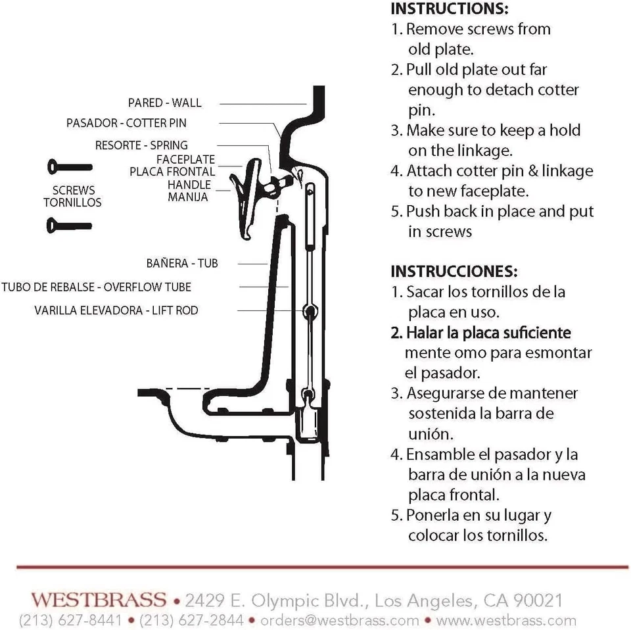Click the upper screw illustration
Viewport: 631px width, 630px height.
coord(69,167)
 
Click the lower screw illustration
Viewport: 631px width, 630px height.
coord(69,226)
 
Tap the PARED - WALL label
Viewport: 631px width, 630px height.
coord(164,103)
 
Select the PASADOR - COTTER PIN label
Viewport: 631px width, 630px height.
coord(126,123)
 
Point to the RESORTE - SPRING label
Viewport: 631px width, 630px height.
coord(141,145)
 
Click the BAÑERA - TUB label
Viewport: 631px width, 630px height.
coord(182,263)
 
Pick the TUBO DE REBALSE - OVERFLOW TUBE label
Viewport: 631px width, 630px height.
coord(96,287)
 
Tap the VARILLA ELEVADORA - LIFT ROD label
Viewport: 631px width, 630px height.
coord(116,310)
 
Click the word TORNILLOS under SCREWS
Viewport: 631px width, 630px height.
coord(72,203)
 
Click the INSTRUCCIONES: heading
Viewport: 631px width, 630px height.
coord(454,271)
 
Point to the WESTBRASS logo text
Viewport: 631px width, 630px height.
coord(99,599)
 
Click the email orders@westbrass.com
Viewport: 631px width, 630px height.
coord(340,620)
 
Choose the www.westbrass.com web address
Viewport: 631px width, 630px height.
coord(505,620)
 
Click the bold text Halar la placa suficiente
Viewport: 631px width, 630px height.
coord(480,333)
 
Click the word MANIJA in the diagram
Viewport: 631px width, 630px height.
coord(187,197)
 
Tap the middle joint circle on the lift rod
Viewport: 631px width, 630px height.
coord(308,310)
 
